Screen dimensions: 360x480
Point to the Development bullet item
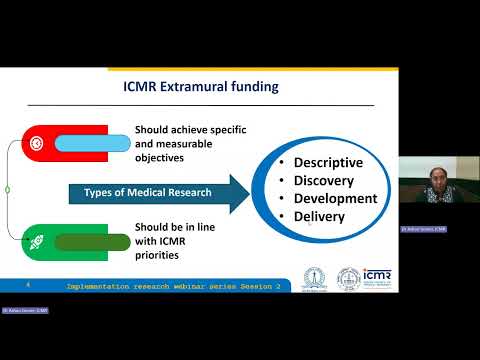335,198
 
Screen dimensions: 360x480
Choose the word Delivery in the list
319,216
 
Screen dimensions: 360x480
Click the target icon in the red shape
35,140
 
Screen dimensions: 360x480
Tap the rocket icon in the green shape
35,241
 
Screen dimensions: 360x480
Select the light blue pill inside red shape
93,140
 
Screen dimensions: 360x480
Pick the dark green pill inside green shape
93,241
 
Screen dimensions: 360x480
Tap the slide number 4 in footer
28,285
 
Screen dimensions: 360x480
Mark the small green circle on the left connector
7,189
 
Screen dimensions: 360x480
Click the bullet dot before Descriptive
284,163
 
